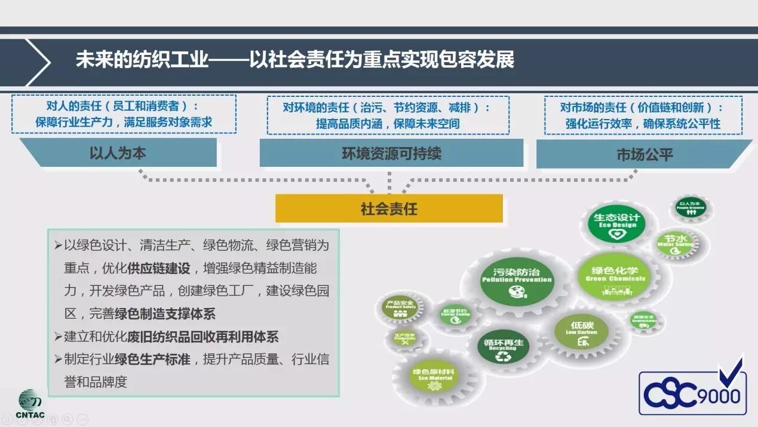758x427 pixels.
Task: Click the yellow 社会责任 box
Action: (389, 209)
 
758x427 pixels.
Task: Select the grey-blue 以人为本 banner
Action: (118, 153)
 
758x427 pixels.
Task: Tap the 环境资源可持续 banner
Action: (391, 153)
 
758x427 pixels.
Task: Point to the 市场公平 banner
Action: (645, 154)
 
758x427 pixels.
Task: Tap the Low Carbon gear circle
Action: (582, 333)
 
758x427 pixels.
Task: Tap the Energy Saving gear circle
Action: (455, 315)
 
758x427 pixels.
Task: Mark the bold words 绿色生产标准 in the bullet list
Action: (152, 359)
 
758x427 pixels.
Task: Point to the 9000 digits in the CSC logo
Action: (724, 396)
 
